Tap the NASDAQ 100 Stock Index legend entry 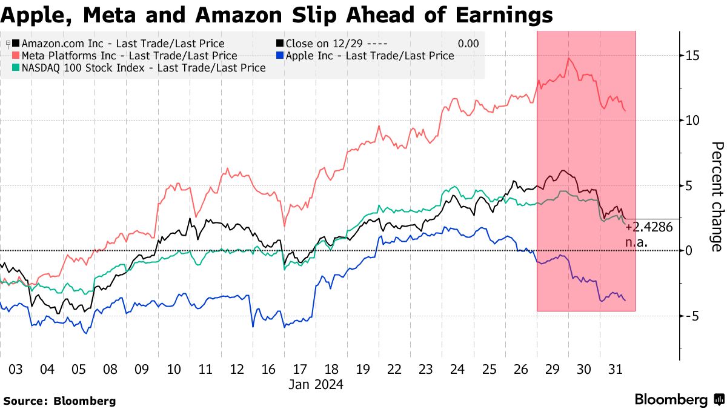(143, 68)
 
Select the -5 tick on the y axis (692, 316)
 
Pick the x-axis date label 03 (16, 370)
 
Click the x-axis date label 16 (269, 370)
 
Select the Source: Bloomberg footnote (59, 401)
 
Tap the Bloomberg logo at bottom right (679, 399)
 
